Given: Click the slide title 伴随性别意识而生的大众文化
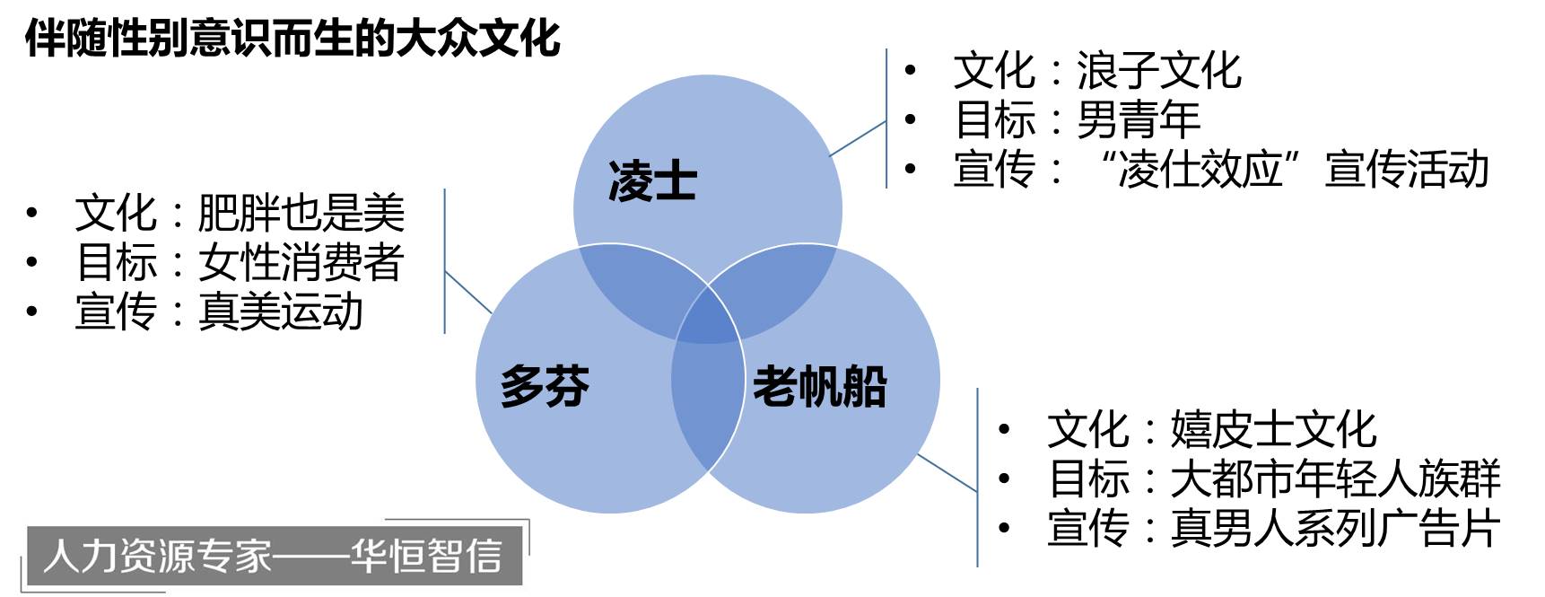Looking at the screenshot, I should (x=292, y=38).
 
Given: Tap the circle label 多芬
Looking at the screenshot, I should (x=545, y=386).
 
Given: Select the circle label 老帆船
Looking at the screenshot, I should (x=819, y=386).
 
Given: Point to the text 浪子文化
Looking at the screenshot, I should (x=1158, y=71).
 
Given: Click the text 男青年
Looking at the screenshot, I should (x=1138, y=119).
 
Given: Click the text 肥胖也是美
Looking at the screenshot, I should (x=301, y=214).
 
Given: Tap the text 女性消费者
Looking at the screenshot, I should (x=301, y=262).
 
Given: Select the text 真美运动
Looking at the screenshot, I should (x=280, y=312).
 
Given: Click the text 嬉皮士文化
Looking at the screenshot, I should (x=1272, y=429).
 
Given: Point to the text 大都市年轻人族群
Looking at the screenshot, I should (x=1334, y=478).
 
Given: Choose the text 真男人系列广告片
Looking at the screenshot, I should (x=1334, y=528).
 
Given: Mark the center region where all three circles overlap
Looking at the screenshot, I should (x=708, y=317).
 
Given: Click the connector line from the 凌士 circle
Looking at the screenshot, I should (x=859, y=138).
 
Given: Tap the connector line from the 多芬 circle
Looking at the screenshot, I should (x=468, y=293).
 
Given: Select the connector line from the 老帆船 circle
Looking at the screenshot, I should (x=947, y=473).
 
